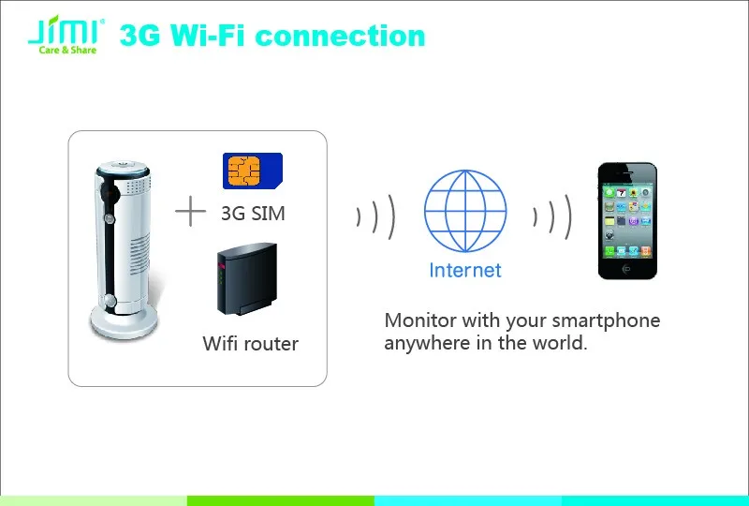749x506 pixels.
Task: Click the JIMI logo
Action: [66, 35]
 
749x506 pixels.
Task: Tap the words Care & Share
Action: [67, 50]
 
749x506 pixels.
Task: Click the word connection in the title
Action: [340, 36]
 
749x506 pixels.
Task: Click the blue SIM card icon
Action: [253, 171]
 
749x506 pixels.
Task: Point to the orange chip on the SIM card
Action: [243, 171]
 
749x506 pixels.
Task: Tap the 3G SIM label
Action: [253, 214]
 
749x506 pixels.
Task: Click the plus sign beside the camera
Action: [191, 211]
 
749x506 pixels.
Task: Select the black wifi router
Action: [246, 279]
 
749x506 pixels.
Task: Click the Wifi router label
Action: [250, 343]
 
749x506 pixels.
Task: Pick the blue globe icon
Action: [465, 211]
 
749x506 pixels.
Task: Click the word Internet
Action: [465, 270]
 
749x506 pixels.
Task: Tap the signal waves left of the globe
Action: [376, 216]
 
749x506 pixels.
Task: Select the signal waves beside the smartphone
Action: [552, 216]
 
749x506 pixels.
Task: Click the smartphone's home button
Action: [626, 269]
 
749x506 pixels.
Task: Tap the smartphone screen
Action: [627, 221]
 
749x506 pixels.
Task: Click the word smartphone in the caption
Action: [606, 320]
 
